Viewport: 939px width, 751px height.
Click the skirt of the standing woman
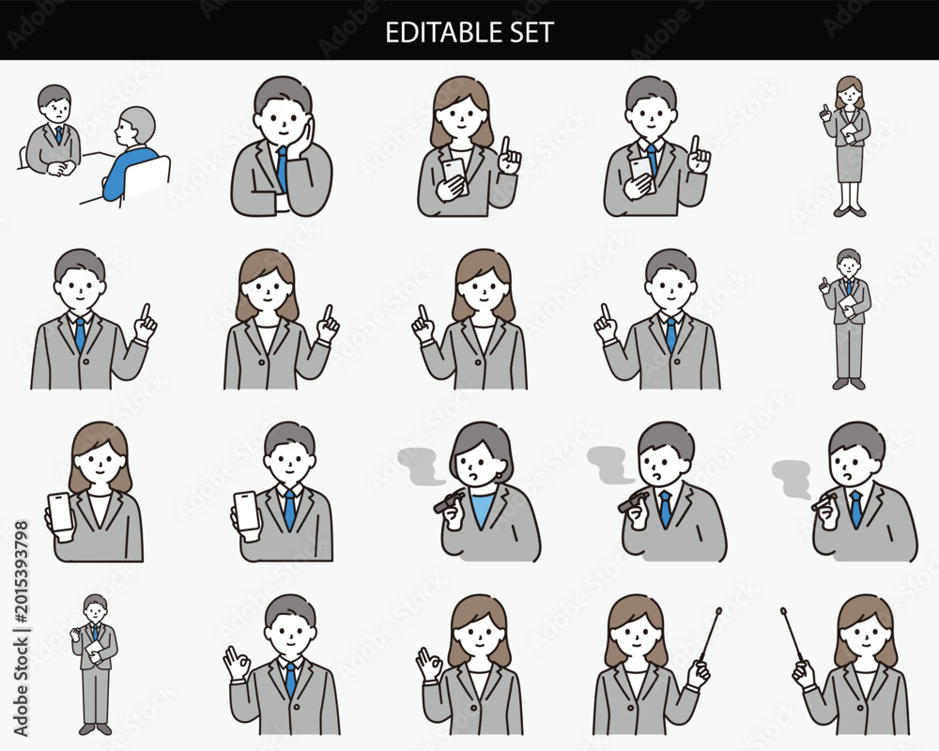850,163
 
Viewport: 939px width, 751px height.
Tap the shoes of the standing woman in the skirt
850,211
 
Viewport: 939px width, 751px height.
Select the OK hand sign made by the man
237,662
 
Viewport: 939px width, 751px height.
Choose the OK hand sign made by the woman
429,663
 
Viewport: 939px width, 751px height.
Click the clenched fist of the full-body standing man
75,634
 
